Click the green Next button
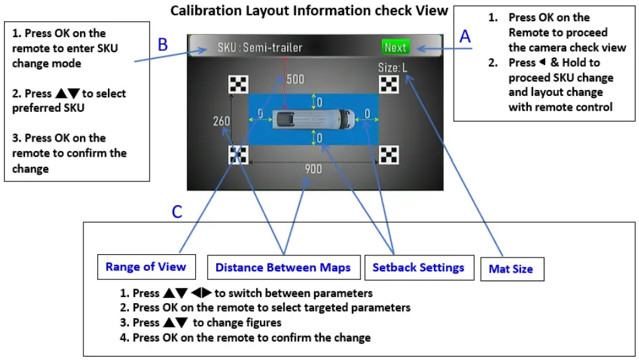pos(396,47)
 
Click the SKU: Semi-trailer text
pos(260,48)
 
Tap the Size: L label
pos(393,67)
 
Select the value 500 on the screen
pos(295,79)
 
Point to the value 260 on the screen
pos(222,122)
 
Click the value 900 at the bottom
pos(313,169)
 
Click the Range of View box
pos(146,267)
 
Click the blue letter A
pos(465,37)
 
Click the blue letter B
pos(163,45)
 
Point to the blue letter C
pos(177,212)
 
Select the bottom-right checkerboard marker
pos(390,155)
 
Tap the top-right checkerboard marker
pos(389,84)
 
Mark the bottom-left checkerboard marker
pos(238,155)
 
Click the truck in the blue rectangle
pos(313,120)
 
